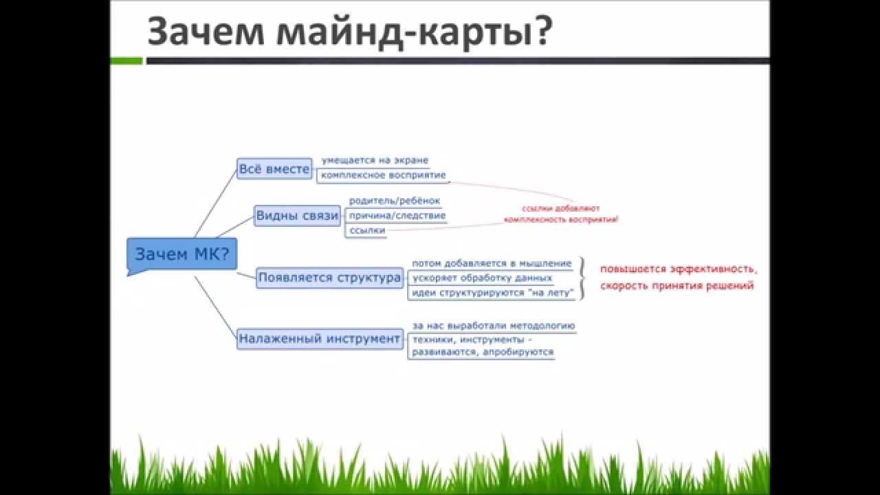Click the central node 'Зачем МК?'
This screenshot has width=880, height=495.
point(181,254)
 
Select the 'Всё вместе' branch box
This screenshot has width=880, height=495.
point(274,168)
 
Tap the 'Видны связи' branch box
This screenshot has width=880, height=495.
point(298,215)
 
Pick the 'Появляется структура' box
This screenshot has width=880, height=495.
point(329,278)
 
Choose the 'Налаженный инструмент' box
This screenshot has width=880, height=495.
point(320,338)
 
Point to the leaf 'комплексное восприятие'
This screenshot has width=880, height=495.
point(383,175)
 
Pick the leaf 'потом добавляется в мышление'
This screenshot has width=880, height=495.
point(492,263)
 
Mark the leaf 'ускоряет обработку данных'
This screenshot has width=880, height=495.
point(482,278)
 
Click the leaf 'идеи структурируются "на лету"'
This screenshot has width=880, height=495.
point(492,294)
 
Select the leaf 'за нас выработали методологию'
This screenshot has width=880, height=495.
point(493,326)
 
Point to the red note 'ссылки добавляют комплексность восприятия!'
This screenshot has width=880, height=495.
point(561,214)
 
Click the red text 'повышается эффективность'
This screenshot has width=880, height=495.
point(678,269)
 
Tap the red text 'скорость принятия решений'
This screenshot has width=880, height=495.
point(676,286)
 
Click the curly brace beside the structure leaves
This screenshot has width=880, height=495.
point(582,278)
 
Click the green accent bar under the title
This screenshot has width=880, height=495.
point(126,61)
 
